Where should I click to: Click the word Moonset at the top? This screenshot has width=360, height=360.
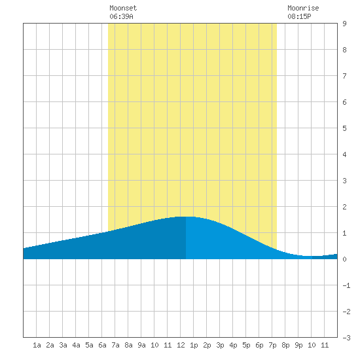(123, 8)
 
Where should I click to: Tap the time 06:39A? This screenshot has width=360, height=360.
(121, 16)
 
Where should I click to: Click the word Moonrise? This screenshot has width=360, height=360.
(303, 8)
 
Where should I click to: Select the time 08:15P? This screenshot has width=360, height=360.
(299, 16)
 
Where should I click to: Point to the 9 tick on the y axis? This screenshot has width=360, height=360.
(344, 24)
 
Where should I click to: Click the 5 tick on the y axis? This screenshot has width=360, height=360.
(344, 128)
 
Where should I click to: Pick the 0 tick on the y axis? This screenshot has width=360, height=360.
(344, 259)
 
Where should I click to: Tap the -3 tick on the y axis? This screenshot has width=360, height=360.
(346, 338)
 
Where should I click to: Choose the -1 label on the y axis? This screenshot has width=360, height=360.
(346, 285)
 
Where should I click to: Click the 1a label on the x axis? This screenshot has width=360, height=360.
(37, 345)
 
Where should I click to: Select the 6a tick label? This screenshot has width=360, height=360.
(102, 345)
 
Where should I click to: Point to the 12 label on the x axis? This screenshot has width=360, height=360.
(181, 345)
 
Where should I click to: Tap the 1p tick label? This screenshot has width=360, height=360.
(194, 345)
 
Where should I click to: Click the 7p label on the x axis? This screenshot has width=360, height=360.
(272, 345)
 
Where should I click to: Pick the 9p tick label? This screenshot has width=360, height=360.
(298, 345)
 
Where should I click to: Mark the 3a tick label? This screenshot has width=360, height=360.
(63, 345)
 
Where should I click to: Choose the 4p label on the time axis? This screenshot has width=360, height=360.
(233, 345)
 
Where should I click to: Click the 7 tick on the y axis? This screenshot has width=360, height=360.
(344, 76)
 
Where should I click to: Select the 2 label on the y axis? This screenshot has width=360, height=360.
(344, 207)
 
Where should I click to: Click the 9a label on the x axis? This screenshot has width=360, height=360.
(141, 345)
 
